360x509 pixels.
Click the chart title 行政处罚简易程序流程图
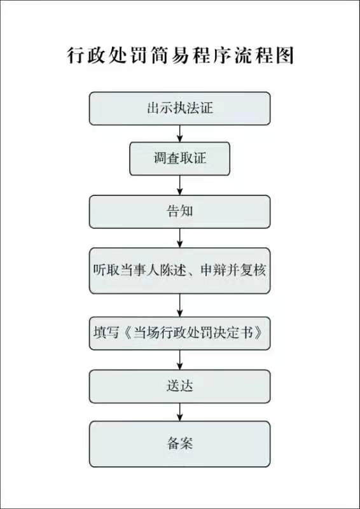[181, 55]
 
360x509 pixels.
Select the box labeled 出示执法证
[180, 108]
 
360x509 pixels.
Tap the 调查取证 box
[180, 158]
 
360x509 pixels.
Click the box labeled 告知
[180, 212]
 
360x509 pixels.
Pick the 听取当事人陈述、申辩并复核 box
[180, 271]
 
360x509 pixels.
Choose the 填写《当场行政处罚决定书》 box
[180, 333]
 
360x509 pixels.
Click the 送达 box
[180, 386]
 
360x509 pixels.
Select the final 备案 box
[180, 444]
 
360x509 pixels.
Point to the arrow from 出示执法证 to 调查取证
[180, 134]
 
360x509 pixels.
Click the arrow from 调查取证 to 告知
[180, 185]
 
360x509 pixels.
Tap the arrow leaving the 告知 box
[180, 238]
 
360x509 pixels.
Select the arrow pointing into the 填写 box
[180, 305]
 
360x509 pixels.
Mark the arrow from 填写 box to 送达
[180, 360]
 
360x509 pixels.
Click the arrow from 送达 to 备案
[180, 412]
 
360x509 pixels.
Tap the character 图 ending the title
[285, 55]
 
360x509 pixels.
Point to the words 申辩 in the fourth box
[214, 270]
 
